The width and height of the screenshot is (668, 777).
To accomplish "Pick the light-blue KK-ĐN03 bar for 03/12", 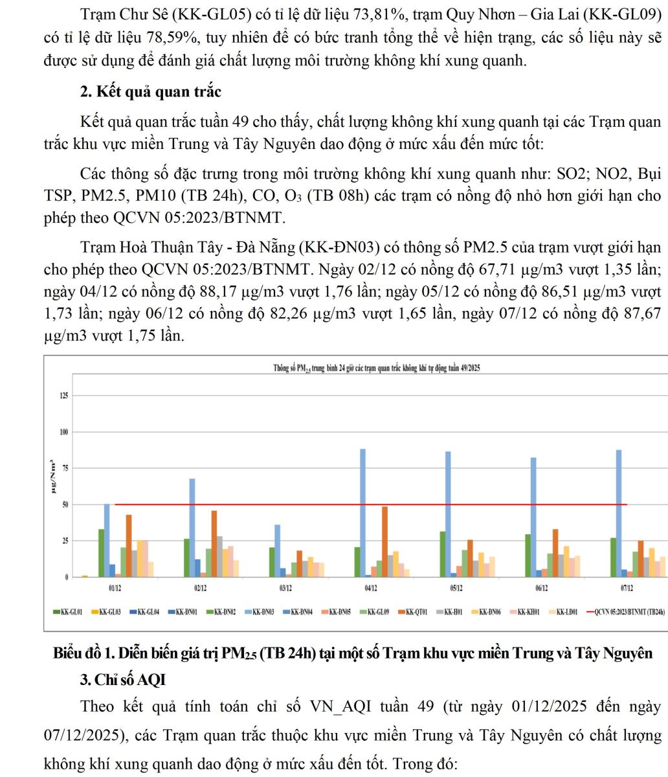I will pyautogui.click(x=278, y=550).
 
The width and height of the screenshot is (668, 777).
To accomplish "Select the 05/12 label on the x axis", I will pyautogui.click(x=456, y=589).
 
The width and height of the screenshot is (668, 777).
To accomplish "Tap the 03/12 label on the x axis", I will pyautogui.click(x=285, y=589).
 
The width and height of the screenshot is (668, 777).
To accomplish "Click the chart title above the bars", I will pyautogui.click(x=377, y=368).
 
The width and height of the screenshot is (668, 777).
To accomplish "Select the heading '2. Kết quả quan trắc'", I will pyautogui.click(x=150, y=91).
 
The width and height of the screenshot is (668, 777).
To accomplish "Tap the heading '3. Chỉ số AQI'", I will pyautogui.click(x=123, y=680).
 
